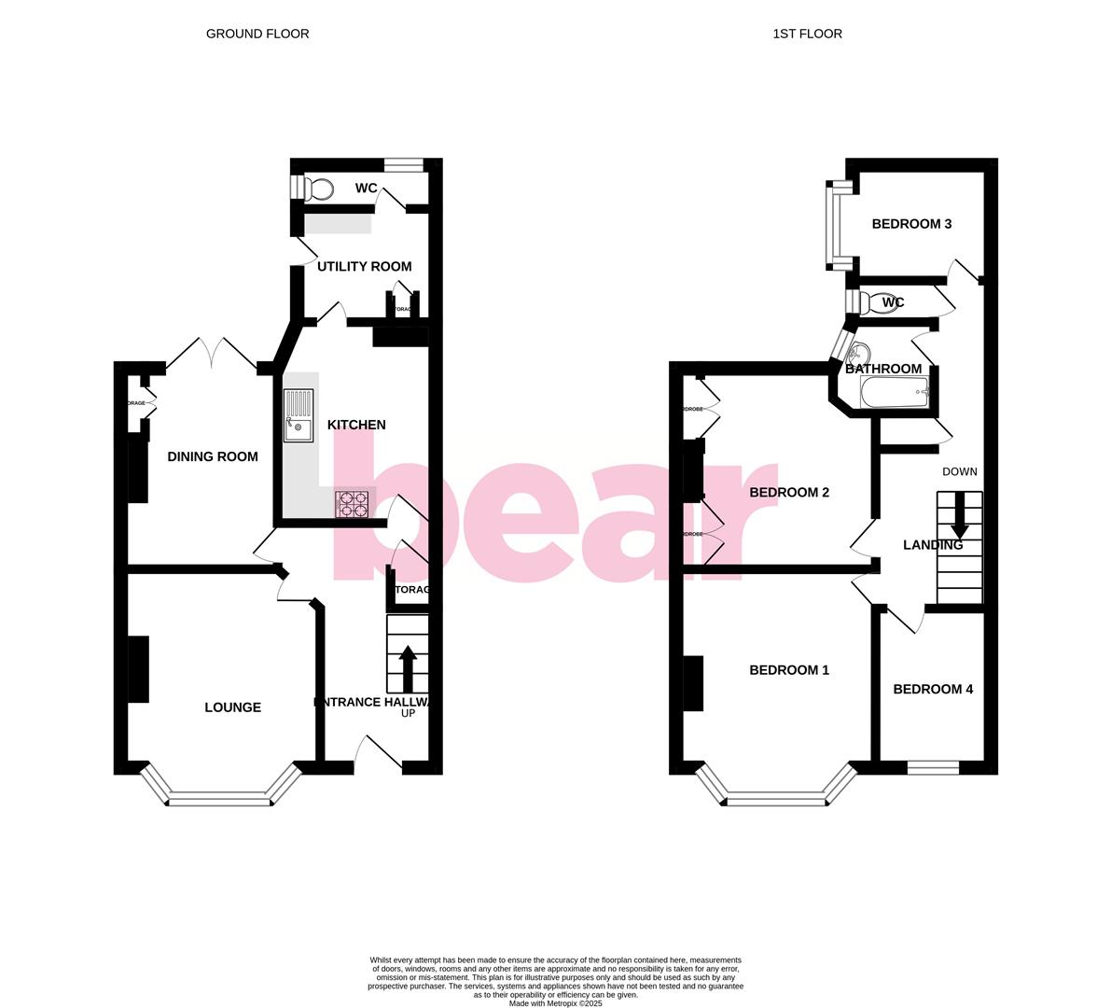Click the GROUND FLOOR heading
pos(257,34)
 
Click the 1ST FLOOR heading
pos(807,34)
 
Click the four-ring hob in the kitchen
pos(354,504)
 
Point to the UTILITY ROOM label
pos(364,266)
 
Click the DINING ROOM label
pos(213,456)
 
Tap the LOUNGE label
pos(232,707)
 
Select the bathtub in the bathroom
pos(894,393)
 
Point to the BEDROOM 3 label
pos(911,224)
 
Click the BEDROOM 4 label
pos(933,689)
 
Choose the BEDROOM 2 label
pos(789,492)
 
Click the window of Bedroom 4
pos(933,768)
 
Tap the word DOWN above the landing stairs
pos(959,471)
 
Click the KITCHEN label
pos(356,425)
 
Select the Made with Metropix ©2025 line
pos(556,1003)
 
